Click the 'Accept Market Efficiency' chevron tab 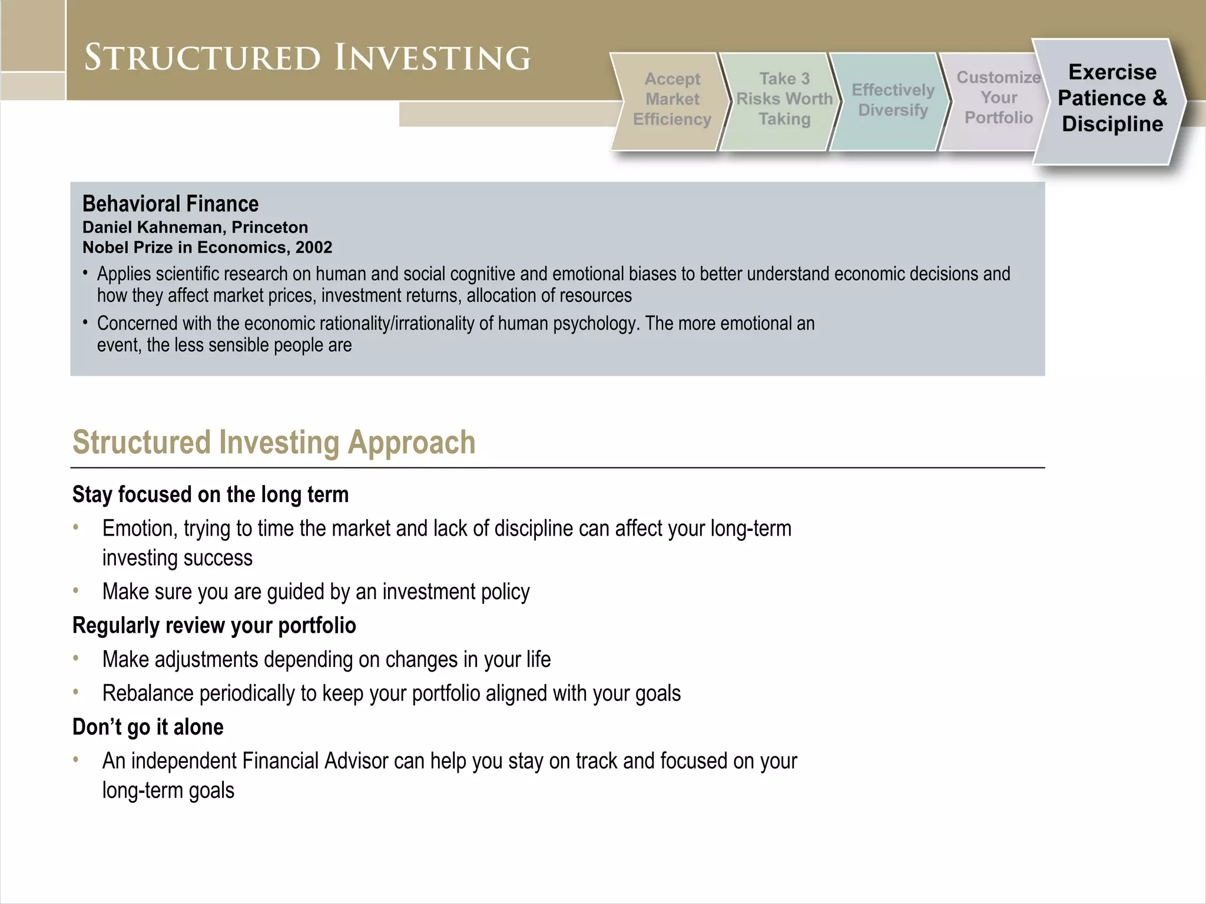click(672, 99)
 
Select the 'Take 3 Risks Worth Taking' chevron click(784, 99)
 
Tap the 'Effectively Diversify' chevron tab click(893, 100)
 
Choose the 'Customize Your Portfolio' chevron click(998, 98)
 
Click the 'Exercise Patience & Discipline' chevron click(1112, 98)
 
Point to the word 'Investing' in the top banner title click(432, 58)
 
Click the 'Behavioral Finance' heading click(170, 204)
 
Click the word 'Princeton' click(270, 227)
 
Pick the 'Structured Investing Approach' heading click(274, 442)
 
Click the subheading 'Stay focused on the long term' click(210, 494)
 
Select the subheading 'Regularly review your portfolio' click(214, 625)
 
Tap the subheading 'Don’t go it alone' click(148, 727)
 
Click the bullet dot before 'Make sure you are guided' click(76, 590)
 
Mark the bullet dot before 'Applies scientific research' click(86, 273)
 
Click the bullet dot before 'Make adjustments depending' click(76, 658)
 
